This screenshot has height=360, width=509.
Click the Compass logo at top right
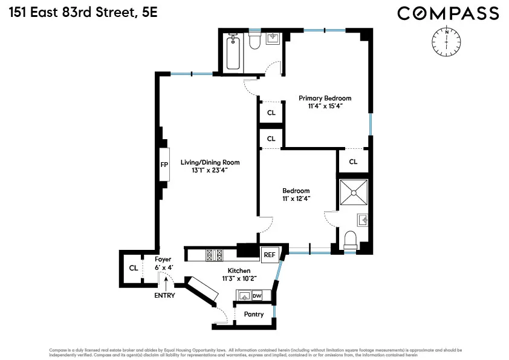tap(448, 13)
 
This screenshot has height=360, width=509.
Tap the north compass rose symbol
tap(446, 40)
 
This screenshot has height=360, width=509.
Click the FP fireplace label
tap(164, 165)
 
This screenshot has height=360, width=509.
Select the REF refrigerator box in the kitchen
tap(269, 255)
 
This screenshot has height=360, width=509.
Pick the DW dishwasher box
tap(257, 295)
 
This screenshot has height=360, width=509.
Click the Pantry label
tap(254, 315)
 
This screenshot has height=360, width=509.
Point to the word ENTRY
tap(164, 295)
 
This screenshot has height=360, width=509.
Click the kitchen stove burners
tap(214, 255)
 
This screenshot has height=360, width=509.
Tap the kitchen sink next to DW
tap(244, 295)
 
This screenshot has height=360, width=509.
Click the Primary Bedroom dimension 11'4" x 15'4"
tap(325, 106)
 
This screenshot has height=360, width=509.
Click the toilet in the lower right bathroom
tap(351, 240)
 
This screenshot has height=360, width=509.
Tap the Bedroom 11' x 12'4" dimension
tap(296, 198)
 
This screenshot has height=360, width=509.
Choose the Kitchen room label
tap(239, 270)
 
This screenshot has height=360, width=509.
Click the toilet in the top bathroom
tap(254, 41)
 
